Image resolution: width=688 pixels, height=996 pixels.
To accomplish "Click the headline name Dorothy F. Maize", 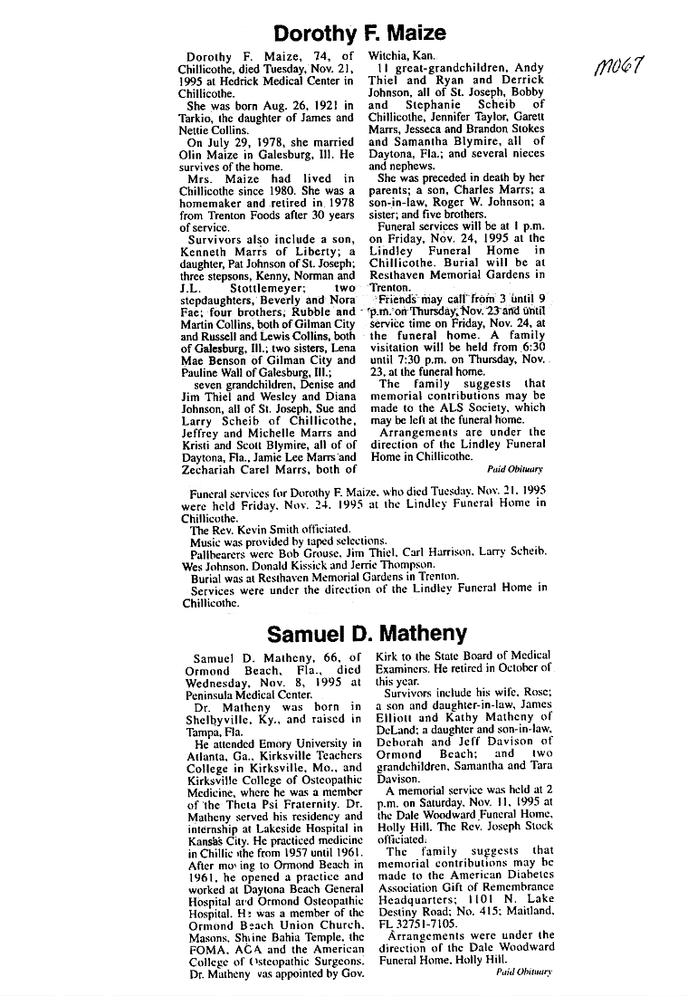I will coord(359,34).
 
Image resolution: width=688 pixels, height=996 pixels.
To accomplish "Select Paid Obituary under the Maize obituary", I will coord(514,469).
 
